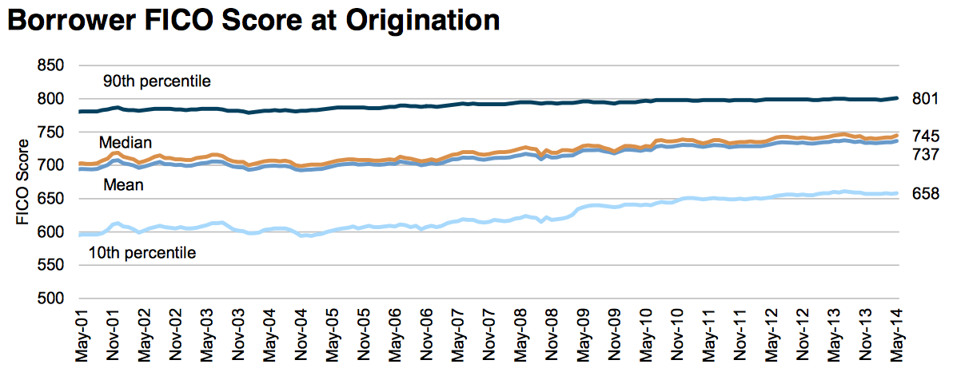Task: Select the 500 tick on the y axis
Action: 51,299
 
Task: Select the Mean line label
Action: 123,185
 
